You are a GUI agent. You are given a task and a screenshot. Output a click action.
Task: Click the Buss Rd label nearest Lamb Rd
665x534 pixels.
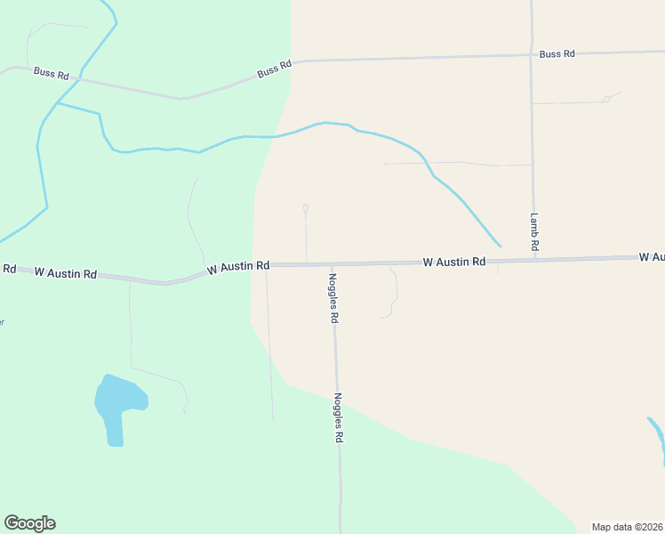(x=557, y=54)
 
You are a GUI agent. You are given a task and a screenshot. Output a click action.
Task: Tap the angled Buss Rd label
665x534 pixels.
(x=274, y=69)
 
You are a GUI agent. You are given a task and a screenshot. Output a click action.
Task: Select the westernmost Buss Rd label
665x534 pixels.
(x=52, y=74)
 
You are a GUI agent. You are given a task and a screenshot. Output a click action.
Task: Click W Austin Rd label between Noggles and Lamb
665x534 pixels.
(x=454, y=262)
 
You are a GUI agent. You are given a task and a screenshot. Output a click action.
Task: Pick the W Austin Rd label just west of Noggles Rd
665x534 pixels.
(x=237, y=266)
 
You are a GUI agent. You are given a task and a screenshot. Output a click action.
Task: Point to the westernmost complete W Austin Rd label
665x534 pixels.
(x=65, y=273)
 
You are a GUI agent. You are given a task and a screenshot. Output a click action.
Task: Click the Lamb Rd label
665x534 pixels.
(x=535, y=231)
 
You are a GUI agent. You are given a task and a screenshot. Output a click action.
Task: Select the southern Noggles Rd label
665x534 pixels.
(x=338, y=418)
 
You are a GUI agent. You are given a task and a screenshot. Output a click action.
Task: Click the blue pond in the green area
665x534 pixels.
(x=117, y=405)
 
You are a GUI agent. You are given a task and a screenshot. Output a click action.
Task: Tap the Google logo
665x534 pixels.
(x=29, y=523)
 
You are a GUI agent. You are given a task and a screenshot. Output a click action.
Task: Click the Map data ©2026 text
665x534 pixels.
(x=627, y=527)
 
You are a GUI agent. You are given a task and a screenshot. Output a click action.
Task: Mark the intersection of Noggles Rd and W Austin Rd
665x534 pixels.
(x=332, y=264)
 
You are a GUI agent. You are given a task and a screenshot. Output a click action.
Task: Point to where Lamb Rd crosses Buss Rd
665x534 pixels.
(x=532, y=54)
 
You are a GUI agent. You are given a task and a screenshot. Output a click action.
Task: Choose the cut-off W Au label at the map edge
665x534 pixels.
(x=652, y=257)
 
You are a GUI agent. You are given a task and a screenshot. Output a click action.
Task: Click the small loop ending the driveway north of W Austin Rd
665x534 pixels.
(x=305, y=208)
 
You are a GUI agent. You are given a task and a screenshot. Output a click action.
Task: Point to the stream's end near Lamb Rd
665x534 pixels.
(x=500, y=246)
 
